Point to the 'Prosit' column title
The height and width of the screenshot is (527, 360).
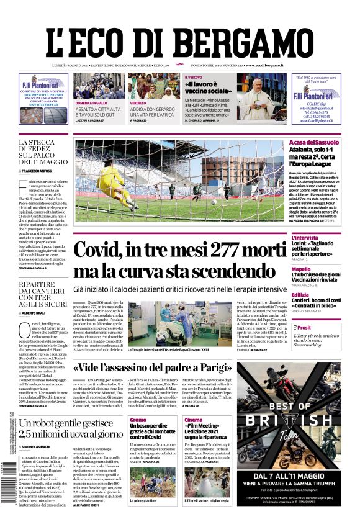pos(321,328)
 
